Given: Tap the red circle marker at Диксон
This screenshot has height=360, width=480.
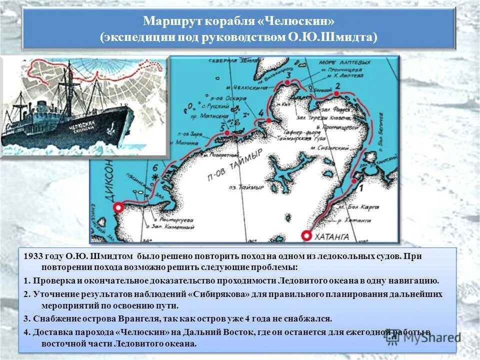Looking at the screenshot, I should [118, 207].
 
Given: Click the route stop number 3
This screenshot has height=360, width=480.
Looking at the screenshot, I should [287, 75].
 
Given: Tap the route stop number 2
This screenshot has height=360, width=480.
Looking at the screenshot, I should [337, 86].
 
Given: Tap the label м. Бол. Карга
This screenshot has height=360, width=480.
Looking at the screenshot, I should [355, 206].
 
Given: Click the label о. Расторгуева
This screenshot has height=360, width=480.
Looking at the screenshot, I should [173, 219].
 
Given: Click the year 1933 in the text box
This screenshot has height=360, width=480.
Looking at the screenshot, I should [32, 256].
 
